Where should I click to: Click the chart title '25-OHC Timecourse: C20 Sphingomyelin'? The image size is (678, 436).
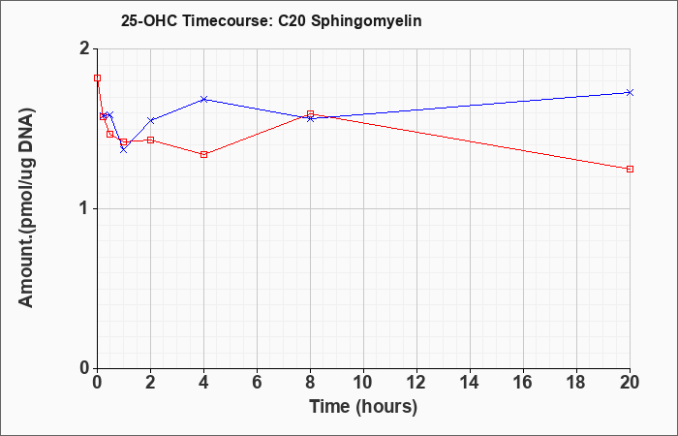[271, 20]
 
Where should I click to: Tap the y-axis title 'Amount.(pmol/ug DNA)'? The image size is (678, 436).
[26, 208]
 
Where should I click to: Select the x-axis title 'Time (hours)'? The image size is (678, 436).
[363, 407]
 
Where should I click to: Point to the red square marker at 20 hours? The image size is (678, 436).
[630, 170]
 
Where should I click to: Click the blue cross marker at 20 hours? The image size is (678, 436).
[630, 93]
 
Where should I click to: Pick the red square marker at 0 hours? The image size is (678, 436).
[97, 78]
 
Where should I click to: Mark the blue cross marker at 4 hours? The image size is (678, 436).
[204, 100]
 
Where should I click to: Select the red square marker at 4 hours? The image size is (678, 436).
[204, 154]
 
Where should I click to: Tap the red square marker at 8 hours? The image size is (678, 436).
[311, 113]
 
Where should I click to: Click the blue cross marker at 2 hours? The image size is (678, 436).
[150, 120]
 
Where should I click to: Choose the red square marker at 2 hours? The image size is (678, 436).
[150, 140]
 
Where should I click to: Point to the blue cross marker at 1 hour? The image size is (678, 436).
[124, 149]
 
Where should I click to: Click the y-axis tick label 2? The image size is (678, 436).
[85, 48]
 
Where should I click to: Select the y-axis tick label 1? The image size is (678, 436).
[85, 209]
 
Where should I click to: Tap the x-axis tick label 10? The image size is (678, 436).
[363, 383]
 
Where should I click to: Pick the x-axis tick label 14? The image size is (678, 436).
[470, 383]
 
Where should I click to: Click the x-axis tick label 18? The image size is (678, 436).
[576, 383]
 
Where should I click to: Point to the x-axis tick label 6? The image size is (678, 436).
[258, 383]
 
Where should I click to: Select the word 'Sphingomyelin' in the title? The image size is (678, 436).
[366, 21]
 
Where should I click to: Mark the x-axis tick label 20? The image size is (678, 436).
[630, 383]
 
